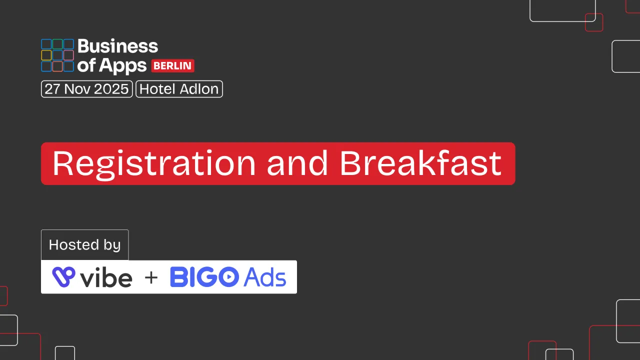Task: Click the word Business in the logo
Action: point(117,46)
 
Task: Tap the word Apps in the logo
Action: point(123,66)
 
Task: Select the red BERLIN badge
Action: point(172,65)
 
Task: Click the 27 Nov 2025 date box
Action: point(87,89)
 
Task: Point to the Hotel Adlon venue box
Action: point(179,89)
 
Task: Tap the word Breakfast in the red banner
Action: point(420,163)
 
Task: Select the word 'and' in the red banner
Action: point(297,163)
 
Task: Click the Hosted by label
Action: point(85,245)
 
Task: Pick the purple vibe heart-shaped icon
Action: point(63,276)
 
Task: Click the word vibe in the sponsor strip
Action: point(106,277)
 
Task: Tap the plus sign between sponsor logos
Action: point(151,277)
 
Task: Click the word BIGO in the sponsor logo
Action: point(204,277)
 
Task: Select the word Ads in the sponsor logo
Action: point(264,277)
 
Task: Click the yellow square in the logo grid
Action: point(46,55)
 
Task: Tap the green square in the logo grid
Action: point(57,44)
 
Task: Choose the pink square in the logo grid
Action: point(68,55)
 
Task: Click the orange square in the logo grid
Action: point(57,66)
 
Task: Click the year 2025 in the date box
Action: point(111,89)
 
